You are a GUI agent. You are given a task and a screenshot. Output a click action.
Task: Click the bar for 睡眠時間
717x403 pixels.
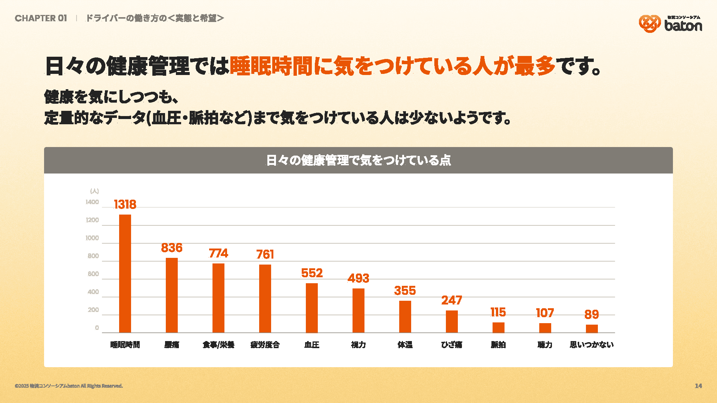tap(125, 274)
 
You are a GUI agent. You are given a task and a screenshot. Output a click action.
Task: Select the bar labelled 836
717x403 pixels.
tap(172, 295)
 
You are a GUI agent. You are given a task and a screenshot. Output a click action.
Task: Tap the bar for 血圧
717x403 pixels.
tap(312, 308)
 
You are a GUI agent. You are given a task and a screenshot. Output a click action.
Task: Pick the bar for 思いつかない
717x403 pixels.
tap(592, 329)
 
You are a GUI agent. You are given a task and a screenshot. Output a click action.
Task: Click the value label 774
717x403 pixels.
tap(218, 253)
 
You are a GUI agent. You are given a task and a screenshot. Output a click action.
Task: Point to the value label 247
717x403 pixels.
tap(451, 300)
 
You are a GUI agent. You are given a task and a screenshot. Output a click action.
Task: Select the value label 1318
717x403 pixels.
tap(125, 204)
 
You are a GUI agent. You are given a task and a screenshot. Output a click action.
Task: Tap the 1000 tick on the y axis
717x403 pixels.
tap(92, 238)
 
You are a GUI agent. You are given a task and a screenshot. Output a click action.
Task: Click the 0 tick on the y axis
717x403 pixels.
tap(97, 328)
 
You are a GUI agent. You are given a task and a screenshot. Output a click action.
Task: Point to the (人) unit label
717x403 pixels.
tap(94, 191)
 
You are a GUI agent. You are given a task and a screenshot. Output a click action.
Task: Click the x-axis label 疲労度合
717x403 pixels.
tap(265, 345)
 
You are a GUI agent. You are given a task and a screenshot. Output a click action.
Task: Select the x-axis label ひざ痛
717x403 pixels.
tap(451, 345)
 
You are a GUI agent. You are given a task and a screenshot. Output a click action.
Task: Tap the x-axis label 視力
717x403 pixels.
tap(358, 345)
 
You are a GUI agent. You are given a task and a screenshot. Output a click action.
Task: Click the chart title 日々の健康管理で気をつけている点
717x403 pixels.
tap(358, 160)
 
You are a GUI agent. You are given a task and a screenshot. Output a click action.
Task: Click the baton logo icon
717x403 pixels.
tap(649, 24)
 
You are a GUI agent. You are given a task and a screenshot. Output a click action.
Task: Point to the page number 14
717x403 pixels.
tap(698, 386)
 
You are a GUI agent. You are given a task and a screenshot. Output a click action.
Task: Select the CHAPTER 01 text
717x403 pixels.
tap(41, 18)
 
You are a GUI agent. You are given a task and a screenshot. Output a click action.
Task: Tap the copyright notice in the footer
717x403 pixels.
tap(69, 386)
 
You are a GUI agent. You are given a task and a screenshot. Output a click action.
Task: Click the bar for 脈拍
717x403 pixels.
tap(498, 328)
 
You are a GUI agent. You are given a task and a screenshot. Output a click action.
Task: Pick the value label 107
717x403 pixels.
tap(545, 313)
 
